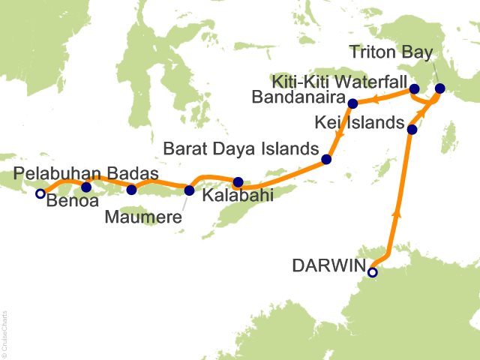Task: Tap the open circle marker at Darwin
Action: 372,272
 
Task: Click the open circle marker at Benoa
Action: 40,193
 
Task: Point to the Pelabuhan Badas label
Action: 87,174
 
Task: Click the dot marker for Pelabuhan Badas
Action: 86,187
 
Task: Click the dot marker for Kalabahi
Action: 238,181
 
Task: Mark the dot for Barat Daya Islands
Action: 326,159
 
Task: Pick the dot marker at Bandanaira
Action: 352,102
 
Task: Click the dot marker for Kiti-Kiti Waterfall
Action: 414,90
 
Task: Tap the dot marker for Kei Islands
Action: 411,130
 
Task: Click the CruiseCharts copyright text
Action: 5,331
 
